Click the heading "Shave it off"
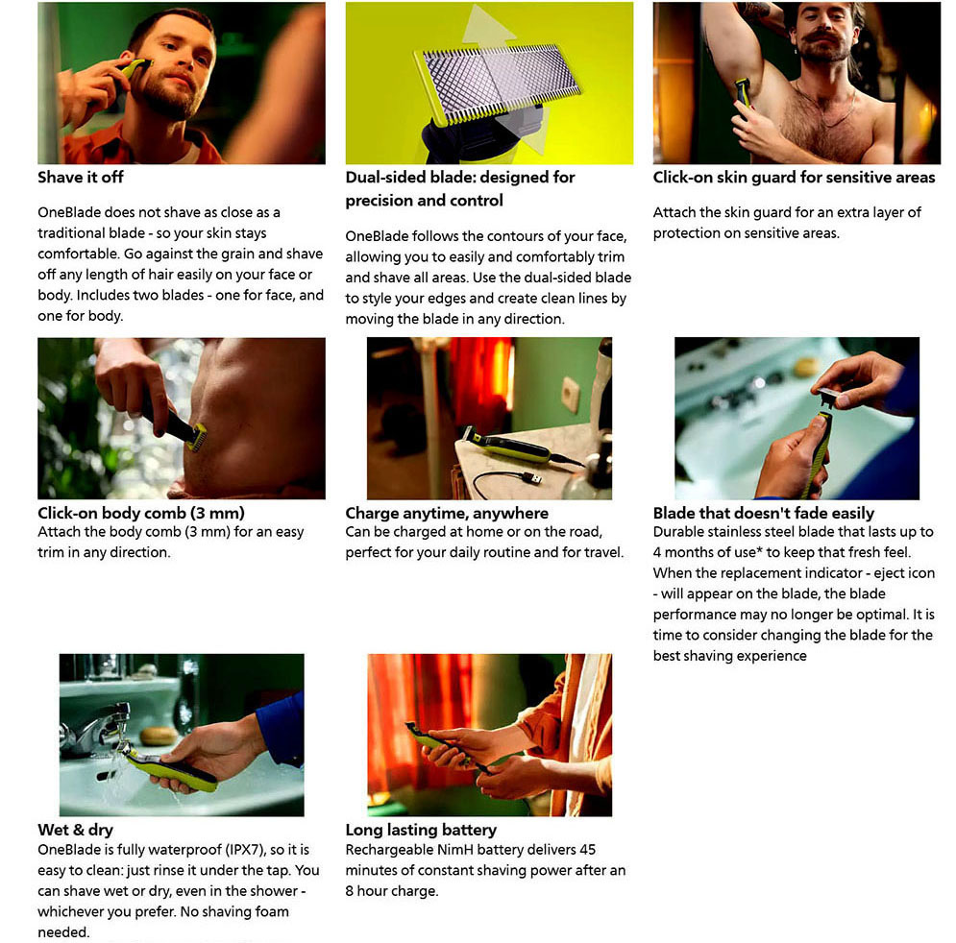click(81, 178)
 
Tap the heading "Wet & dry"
click(76, 830)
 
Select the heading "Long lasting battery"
click(421, 830)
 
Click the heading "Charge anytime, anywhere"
click(447, 513)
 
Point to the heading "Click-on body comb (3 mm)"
click(141, 513)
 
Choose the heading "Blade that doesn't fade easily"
click(763, 513)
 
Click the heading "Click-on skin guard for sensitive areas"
click(794, 178)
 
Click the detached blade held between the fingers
click(830, 397)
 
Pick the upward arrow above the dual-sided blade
click(487, 27)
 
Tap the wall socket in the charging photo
click(571, 394)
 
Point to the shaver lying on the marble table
click(506, 447)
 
